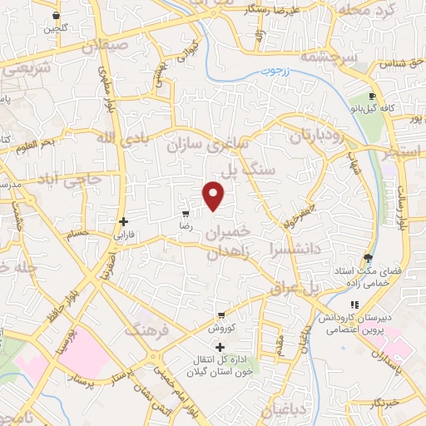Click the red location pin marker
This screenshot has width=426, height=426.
[215, 196]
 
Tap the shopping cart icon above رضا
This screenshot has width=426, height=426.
[186, 214]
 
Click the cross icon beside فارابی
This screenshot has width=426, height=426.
[124, 221]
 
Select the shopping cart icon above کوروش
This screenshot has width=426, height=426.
[220, 315]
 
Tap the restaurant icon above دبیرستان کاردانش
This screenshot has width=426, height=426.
[354, 305]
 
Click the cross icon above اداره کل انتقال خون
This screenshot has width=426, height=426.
[220, 347]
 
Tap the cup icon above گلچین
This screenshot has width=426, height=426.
[56, 15]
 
